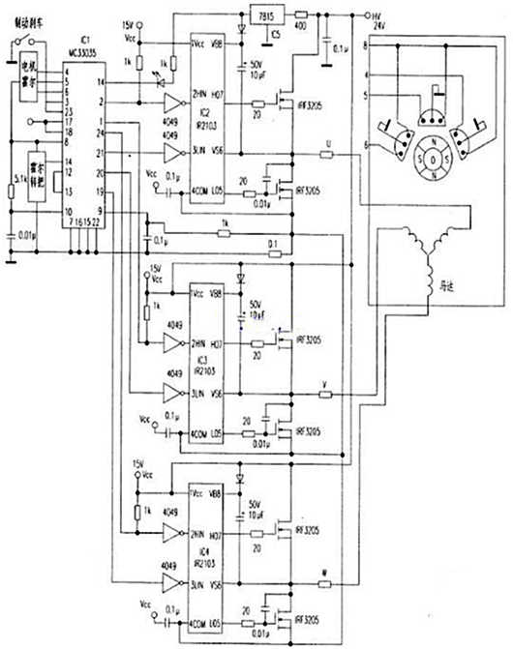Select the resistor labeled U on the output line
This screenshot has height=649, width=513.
tap(328, 155)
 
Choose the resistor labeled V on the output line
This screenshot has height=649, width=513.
tap(328, 396)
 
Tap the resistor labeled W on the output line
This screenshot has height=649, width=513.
tap(328, 585)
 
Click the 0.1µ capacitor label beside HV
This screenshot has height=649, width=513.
tap(340, 47)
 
